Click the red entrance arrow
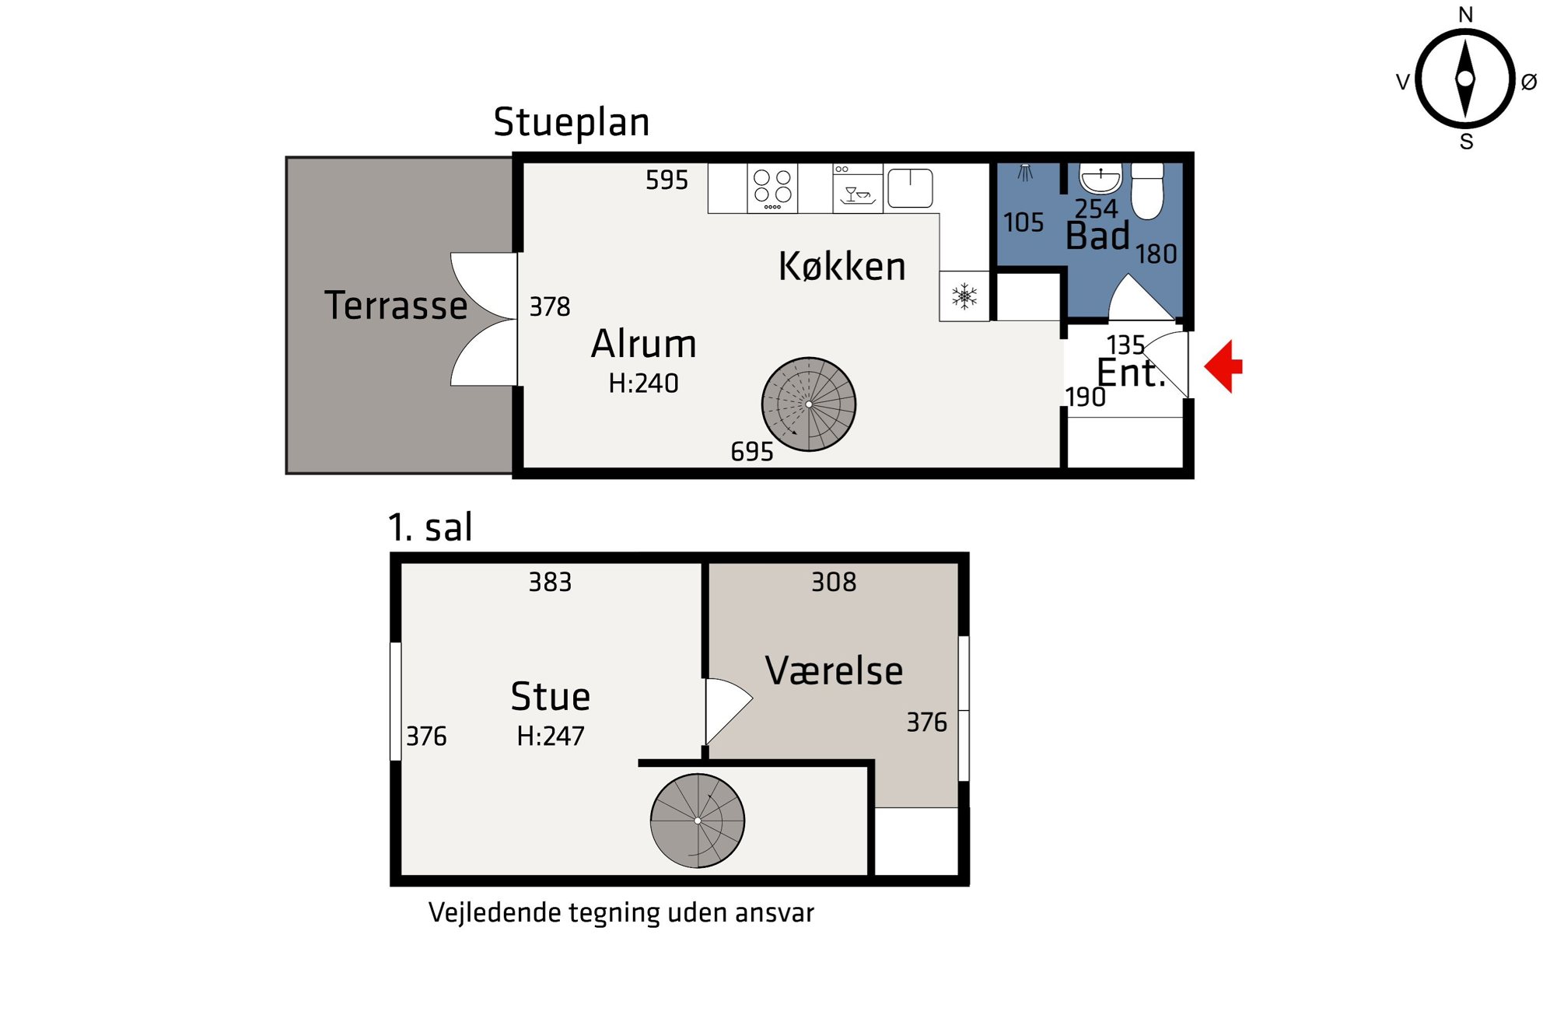point(1223,366)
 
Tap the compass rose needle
point(1465,79)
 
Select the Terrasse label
point(396,305)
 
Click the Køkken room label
point(842,266)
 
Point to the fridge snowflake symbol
point(964,296)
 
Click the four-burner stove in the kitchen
point(772,188)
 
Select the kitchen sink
point(910,188)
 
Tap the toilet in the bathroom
point(1147,191)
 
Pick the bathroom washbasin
point(1100,178)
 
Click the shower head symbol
point(1026,172)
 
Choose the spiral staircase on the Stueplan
point(809,404)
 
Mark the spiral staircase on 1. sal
point(698,821)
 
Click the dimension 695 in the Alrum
point(752,452)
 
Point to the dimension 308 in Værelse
point(834,582)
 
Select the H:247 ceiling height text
point(551,736)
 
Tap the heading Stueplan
point(572,123)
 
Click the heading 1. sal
point(430,527)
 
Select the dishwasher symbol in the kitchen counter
point(858,188)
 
